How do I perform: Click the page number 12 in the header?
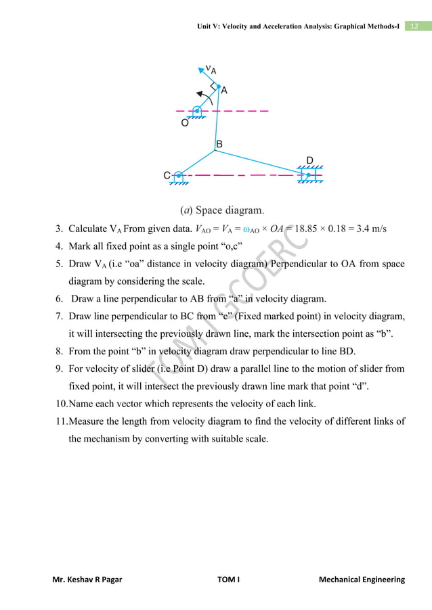coord(414,26)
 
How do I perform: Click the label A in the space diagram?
coord(224,89)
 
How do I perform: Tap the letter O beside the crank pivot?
coord(183,124)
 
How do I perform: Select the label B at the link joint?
coord(219,144)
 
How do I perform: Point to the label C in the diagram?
coord(167,176)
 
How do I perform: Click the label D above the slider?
coord(309,160)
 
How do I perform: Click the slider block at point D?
coord(308,175)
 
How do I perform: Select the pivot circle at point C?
coord(178,175)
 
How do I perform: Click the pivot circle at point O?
coord(197,110)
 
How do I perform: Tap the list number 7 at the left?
coord(58,316)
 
